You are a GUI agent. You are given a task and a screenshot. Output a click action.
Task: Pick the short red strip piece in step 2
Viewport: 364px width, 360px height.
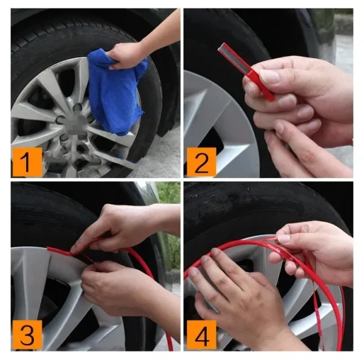[x=246, y=70]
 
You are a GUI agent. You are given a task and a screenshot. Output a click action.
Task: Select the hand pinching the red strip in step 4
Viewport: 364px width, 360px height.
[x=303, y=242]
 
